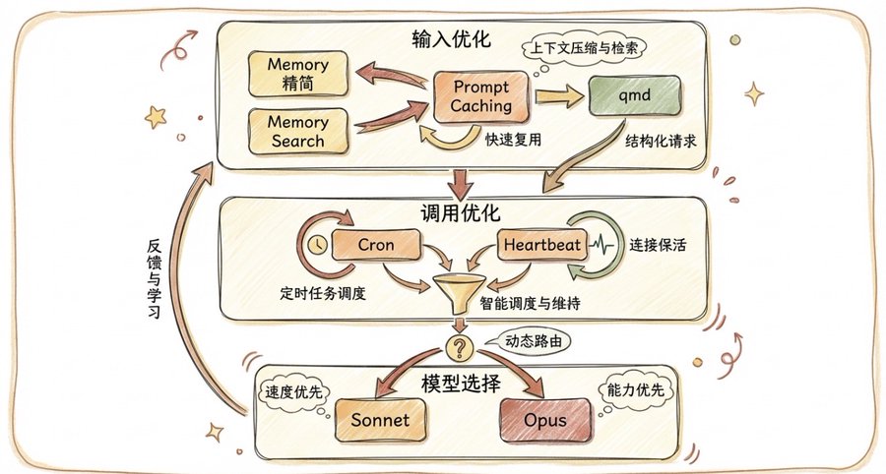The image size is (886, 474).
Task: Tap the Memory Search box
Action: coord(297,131)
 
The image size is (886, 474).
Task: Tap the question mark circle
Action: coord(458,347)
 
